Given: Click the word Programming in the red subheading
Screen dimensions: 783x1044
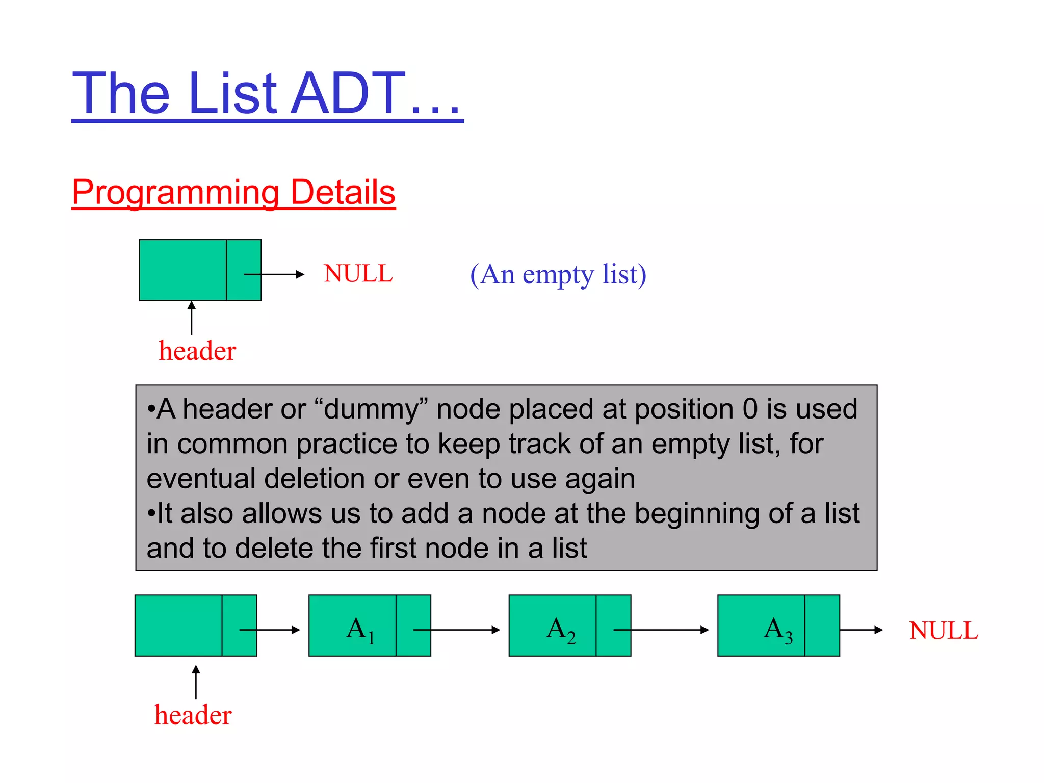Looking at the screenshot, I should (x=176, y=192).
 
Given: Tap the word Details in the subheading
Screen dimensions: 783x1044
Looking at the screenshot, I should (x=343, y=192).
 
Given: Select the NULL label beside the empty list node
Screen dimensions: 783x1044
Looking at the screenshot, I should (x=358, y=274).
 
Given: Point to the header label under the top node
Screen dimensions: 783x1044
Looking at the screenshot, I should (x=197, y=351).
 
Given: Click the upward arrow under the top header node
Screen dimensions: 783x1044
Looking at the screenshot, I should (x=192, y=318).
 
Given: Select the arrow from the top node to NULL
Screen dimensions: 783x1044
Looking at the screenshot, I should (x=274, y=274).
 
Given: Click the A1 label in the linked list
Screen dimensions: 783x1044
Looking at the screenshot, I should (x=360, y=629).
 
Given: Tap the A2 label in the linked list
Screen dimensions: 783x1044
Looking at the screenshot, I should (x=560, y=629).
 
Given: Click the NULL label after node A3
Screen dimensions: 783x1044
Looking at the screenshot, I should (x=944, y=631).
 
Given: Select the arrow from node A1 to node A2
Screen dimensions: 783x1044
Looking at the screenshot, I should (x=457, y=630).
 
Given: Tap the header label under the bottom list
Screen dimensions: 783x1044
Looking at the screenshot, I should (x=193, y=715).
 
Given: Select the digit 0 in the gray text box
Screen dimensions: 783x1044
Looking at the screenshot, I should (x=750, y=409).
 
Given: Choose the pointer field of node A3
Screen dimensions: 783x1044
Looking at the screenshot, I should (x=822, y=625).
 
